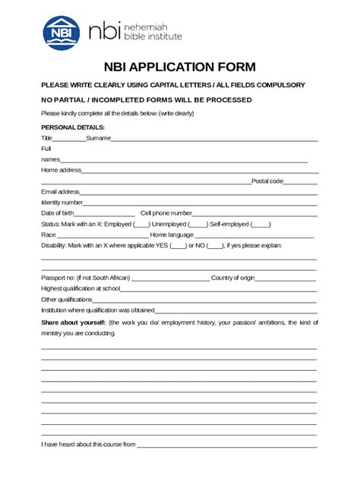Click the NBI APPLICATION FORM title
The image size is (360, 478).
point(180,66)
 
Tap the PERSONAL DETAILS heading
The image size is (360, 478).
point(73,127)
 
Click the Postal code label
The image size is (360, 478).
point(267,181)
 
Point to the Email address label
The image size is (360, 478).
point(60,192)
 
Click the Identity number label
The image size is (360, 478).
point(62,203)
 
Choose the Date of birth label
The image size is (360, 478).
point(57,213)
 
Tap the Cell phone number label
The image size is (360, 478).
point(166,213)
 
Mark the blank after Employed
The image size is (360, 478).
point(141,225)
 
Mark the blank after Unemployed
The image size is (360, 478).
point(197,225)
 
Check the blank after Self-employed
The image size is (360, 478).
point(260,225)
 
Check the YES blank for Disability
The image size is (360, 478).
point(178,246)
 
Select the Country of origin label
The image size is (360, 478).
point(233,278)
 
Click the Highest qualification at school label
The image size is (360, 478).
point(81,289)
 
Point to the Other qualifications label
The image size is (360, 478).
point(66,300)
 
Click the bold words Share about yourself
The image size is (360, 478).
point(73,322)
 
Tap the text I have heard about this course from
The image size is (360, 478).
point(88,444)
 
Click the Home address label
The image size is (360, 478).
point(61,170)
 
